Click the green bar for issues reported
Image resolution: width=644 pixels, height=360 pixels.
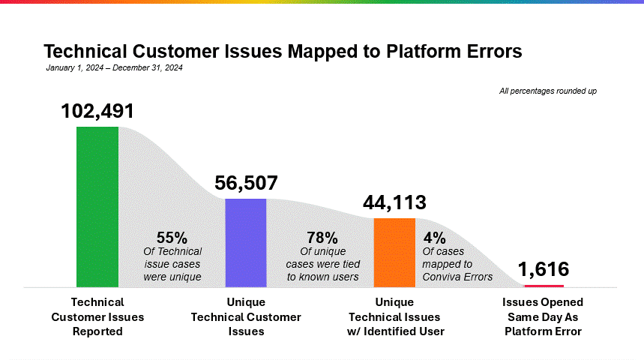click(x=97, y=206)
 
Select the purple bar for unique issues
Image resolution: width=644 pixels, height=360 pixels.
click(x=246, y=242)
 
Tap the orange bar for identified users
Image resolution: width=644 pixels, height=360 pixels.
click(x=394, y=252)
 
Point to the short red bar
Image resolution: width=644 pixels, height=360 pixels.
click(x=544, y=286)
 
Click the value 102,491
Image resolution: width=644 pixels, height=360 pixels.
click(x=97, y=111)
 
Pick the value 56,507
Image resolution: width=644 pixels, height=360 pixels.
click(x=246, y=183)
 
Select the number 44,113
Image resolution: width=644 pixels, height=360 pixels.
click(x=394, y=202)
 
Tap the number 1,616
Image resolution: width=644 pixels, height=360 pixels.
click(x=543, y=269)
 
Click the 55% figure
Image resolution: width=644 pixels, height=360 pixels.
click(x=172, y=238)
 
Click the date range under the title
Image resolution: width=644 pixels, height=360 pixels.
click(x=114, y=67)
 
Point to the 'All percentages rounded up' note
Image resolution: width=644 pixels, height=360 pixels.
click(x=547, y=91)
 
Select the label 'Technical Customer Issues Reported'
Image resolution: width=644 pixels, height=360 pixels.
click(x=97, y=316)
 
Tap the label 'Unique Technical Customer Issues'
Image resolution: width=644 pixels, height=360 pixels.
click(x=246, y=316)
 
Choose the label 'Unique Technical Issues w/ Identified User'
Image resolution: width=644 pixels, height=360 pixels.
click(x=394, y=316)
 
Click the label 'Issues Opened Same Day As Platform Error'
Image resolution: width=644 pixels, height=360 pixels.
click(x=543, y=316)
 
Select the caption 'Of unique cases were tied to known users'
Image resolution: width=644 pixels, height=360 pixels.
click(x=322, y=264)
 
